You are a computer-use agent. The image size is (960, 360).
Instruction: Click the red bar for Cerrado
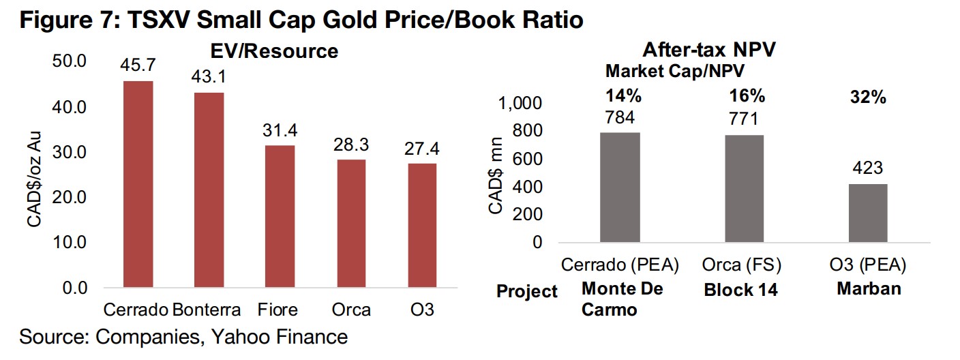click(x=138, y=184)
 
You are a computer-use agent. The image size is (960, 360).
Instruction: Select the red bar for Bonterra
click(x=209, y=190)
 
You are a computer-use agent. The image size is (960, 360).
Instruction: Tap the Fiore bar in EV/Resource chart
click(x=279, y=216)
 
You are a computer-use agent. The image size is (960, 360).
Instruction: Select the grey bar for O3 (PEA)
click(x=868, y=213)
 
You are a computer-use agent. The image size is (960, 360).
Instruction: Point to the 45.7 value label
click(x=138, y=65)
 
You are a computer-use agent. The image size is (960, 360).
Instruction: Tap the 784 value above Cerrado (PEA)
click(x=619, y=118)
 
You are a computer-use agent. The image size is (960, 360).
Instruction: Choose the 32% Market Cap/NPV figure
click(x=868, y=97)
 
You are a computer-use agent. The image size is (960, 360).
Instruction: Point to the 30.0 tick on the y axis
click(x=70, y=152)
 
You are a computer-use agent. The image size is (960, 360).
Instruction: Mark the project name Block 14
click(x=740, y=290)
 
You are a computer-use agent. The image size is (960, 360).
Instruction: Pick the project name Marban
click(x=868, y=288)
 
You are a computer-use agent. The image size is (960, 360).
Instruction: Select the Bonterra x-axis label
click(x=207, y=310)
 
